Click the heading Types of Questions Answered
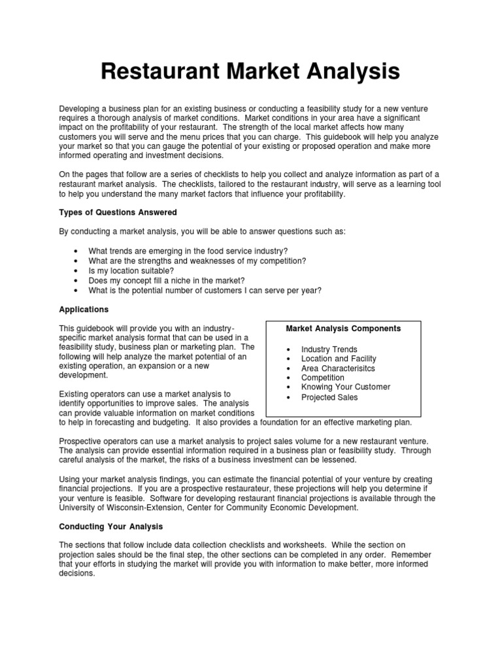[118, 212]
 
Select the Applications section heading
[84, 309]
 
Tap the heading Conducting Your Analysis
[111, 526]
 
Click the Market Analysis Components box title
[343, 328]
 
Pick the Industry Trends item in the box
[329, 350]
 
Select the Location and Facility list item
[339, 359]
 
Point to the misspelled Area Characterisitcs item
[339, 368]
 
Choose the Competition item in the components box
[322, 378]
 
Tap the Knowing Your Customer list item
[345, 387]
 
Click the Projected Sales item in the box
[329, 397]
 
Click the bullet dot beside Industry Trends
[288, 350]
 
